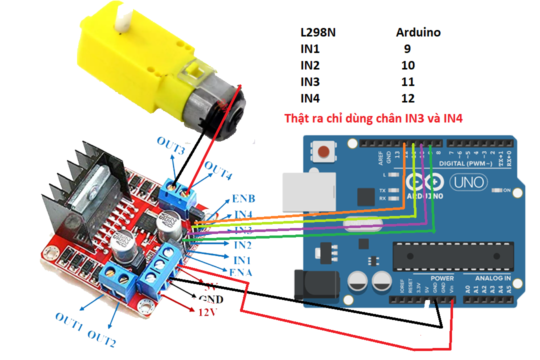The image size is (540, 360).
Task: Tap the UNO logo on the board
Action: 468,182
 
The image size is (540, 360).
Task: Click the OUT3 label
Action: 171,141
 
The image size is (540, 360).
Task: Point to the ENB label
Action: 243,199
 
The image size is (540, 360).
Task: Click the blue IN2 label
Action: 242,245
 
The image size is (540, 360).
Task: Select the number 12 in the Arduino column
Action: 408,98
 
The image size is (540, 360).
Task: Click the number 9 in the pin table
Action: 407,49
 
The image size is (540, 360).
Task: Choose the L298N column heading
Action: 318,33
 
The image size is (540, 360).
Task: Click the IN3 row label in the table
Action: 310,82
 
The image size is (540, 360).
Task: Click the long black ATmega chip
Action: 453,256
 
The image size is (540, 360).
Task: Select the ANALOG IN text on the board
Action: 493,278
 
